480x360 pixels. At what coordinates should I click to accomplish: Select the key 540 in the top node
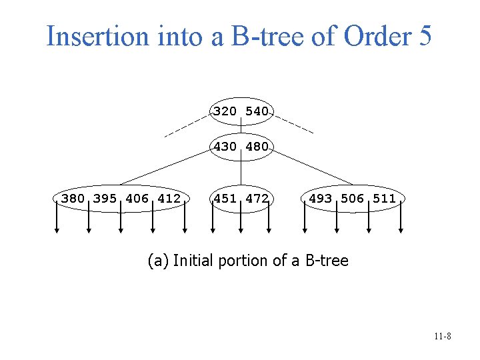pos(257,111)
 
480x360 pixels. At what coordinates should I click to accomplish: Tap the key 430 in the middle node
pos(225,147)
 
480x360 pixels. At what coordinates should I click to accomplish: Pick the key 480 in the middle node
pos(257,147)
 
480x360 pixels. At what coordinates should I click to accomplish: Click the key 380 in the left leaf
pos(73,198)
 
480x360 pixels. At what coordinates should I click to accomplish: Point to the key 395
pos(105,198)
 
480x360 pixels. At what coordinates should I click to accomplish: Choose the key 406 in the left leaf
pos(137,198)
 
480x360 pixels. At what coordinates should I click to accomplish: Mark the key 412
pos(169,198)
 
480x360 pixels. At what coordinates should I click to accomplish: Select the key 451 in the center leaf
pos(225,198)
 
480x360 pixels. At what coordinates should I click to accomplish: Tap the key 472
pos(257,198)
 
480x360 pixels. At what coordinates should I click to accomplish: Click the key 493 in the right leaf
pos(321,198)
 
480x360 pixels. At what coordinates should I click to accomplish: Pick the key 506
pos(353,198)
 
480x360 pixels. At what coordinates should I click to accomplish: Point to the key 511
pos(385,198)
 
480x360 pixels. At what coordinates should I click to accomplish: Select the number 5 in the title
pos(425,36)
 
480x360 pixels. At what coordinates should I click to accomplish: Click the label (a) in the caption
pos(157,261)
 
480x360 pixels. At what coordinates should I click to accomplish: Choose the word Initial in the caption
pos(193,261)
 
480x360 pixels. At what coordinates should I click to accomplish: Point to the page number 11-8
pos(442,337)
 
